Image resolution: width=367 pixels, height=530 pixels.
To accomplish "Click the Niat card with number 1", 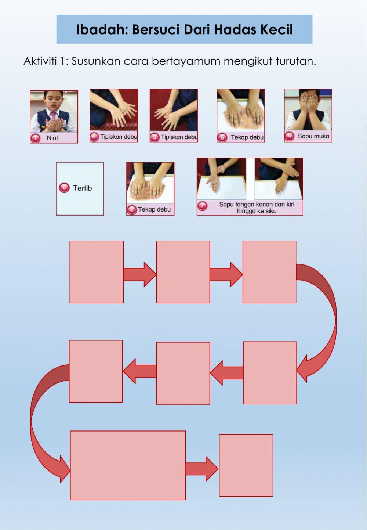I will click(54, 117).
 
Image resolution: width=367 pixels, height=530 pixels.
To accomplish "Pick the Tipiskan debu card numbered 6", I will click(114, 116).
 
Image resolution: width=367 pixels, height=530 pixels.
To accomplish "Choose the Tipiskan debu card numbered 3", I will click(174, 116).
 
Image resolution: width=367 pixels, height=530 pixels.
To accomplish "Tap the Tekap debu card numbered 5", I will click(241, 116).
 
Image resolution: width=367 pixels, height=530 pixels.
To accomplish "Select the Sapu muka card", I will click(308, 116).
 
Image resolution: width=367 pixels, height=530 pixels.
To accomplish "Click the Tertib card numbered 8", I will click(80, 189).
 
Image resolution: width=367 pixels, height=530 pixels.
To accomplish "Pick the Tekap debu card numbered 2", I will click(150, 189).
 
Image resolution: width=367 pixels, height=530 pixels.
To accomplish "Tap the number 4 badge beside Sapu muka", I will click(290, 137).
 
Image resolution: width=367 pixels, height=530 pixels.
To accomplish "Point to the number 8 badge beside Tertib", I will click(64, 188).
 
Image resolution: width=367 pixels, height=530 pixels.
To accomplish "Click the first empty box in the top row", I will click(97, 272).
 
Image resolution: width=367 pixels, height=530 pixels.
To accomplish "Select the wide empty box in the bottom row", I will click(128, 465).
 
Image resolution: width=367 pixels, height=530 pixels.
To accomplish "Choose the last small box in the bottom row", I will click(246, 465).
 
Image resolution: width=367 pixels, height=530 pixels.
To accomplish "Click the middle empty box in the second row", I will click(183, 373).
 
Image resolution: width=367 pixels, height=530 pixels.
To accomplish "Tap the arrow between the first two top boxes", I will click(140, 274).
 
